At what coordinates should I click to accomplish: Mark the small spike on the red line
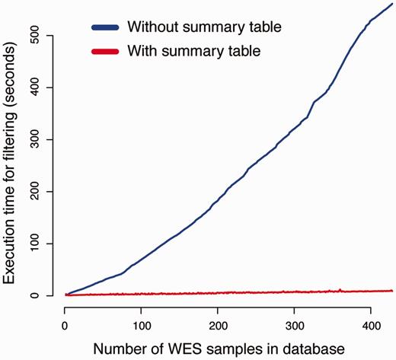(x=340, y=289)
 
